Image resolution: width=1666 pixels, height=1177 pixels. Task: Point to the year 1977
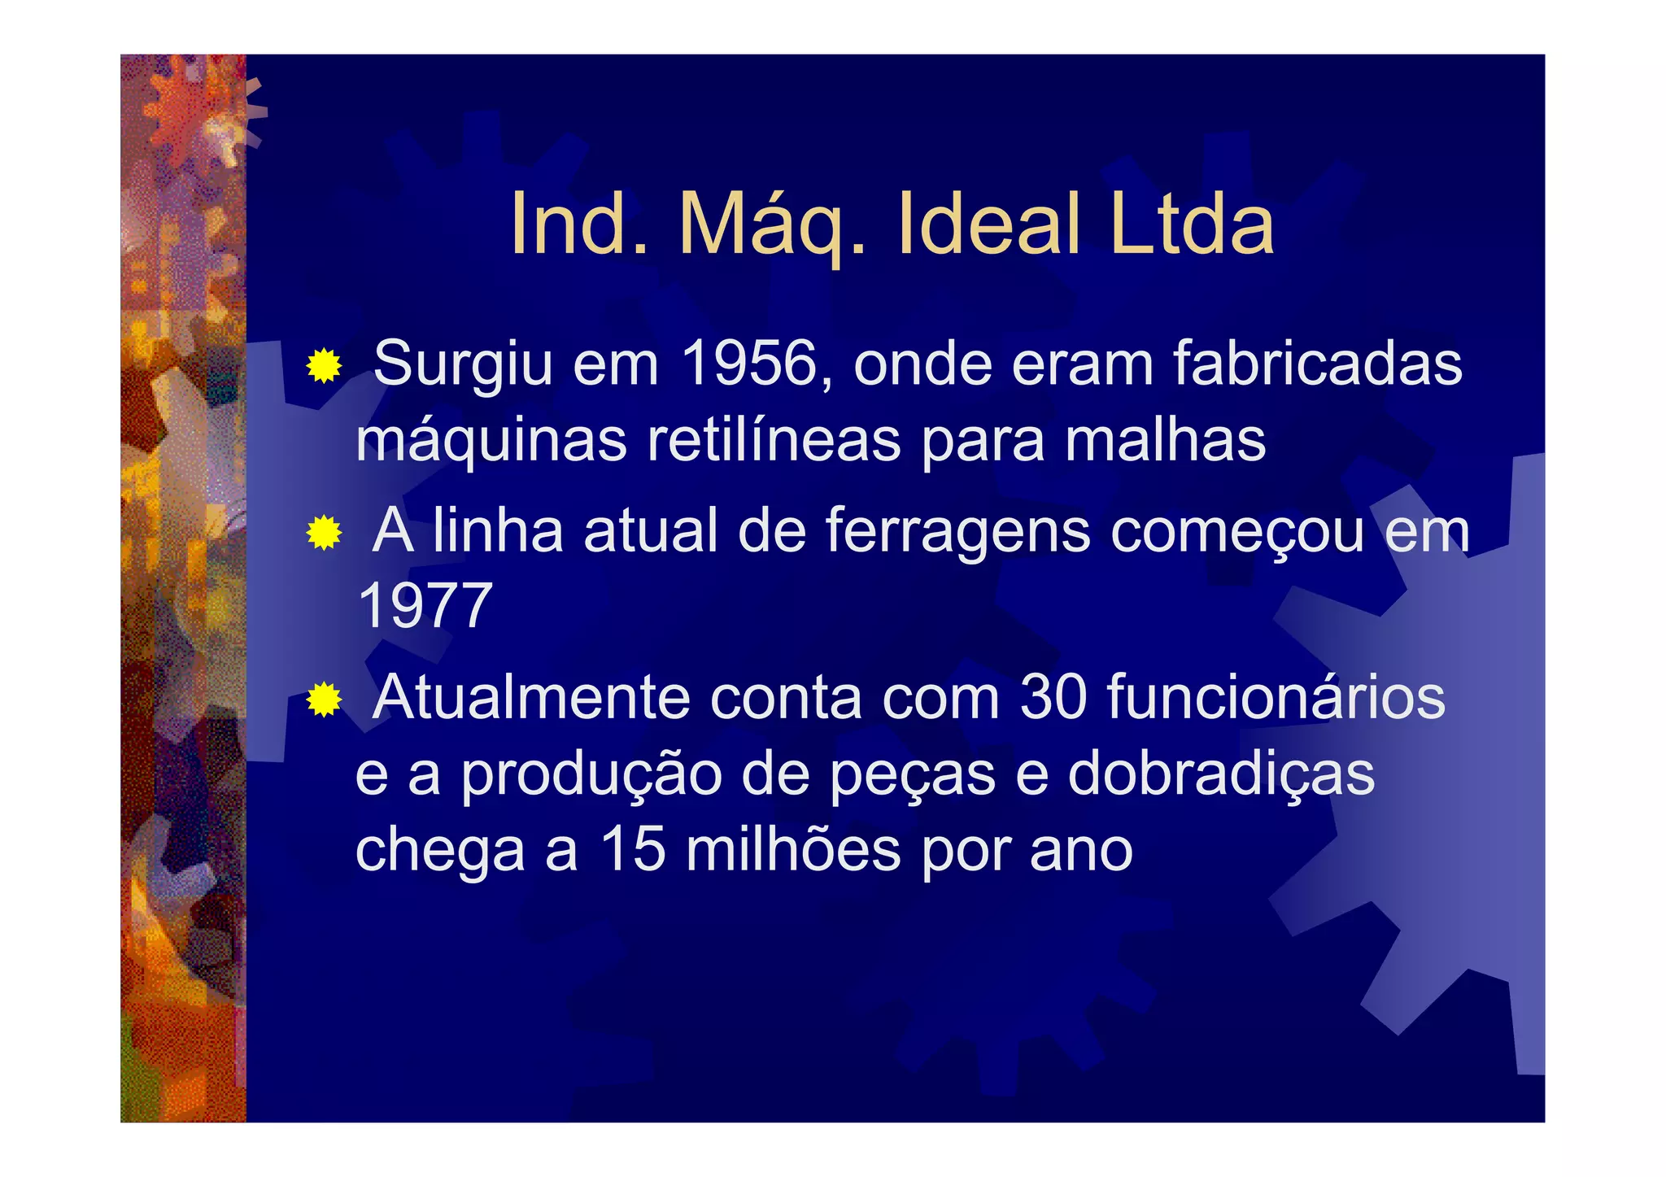[425, 606]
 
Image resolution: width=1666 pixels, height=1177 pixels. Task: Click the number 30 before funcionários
[1053, 697]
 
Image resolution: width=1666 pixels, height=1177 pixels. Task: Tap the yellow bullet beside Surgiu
[324, 366]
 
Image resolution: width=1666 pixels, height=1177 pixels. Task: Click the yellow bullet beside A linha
[324, 534]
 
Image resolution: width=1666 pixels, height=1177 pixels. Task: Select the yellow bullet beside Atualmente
[324, 700]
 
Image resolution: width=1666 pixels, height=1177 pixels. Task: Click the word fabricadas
[1318, 364]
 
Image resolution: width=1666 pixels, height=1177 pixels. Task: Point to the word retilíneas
[774, 440]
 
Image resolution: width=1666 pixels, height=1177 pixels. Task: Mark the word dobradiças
[1220, 774]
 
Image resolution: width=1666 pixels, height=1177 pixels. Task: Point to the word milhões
[792, 850]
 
